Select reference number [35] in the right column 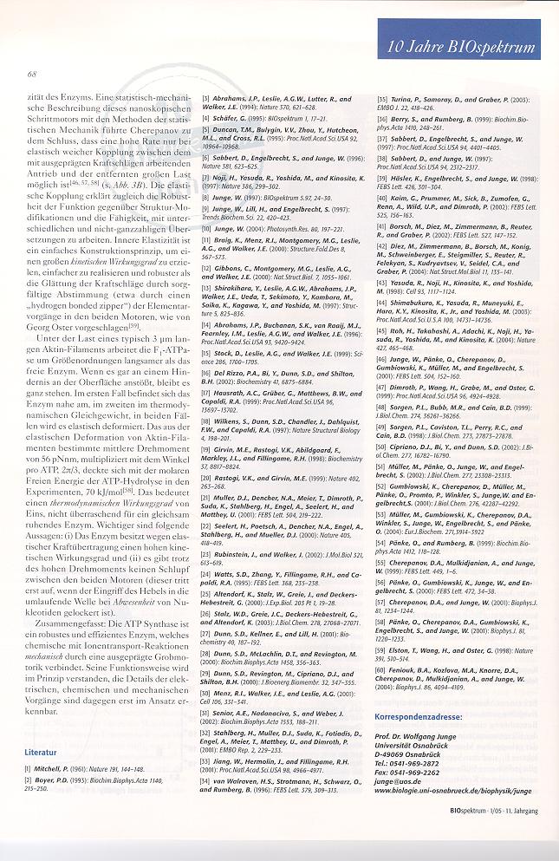pyautogui.click(x=381, y=100)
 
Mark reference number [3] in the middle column pyautogui.click(x=206, y=100)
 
